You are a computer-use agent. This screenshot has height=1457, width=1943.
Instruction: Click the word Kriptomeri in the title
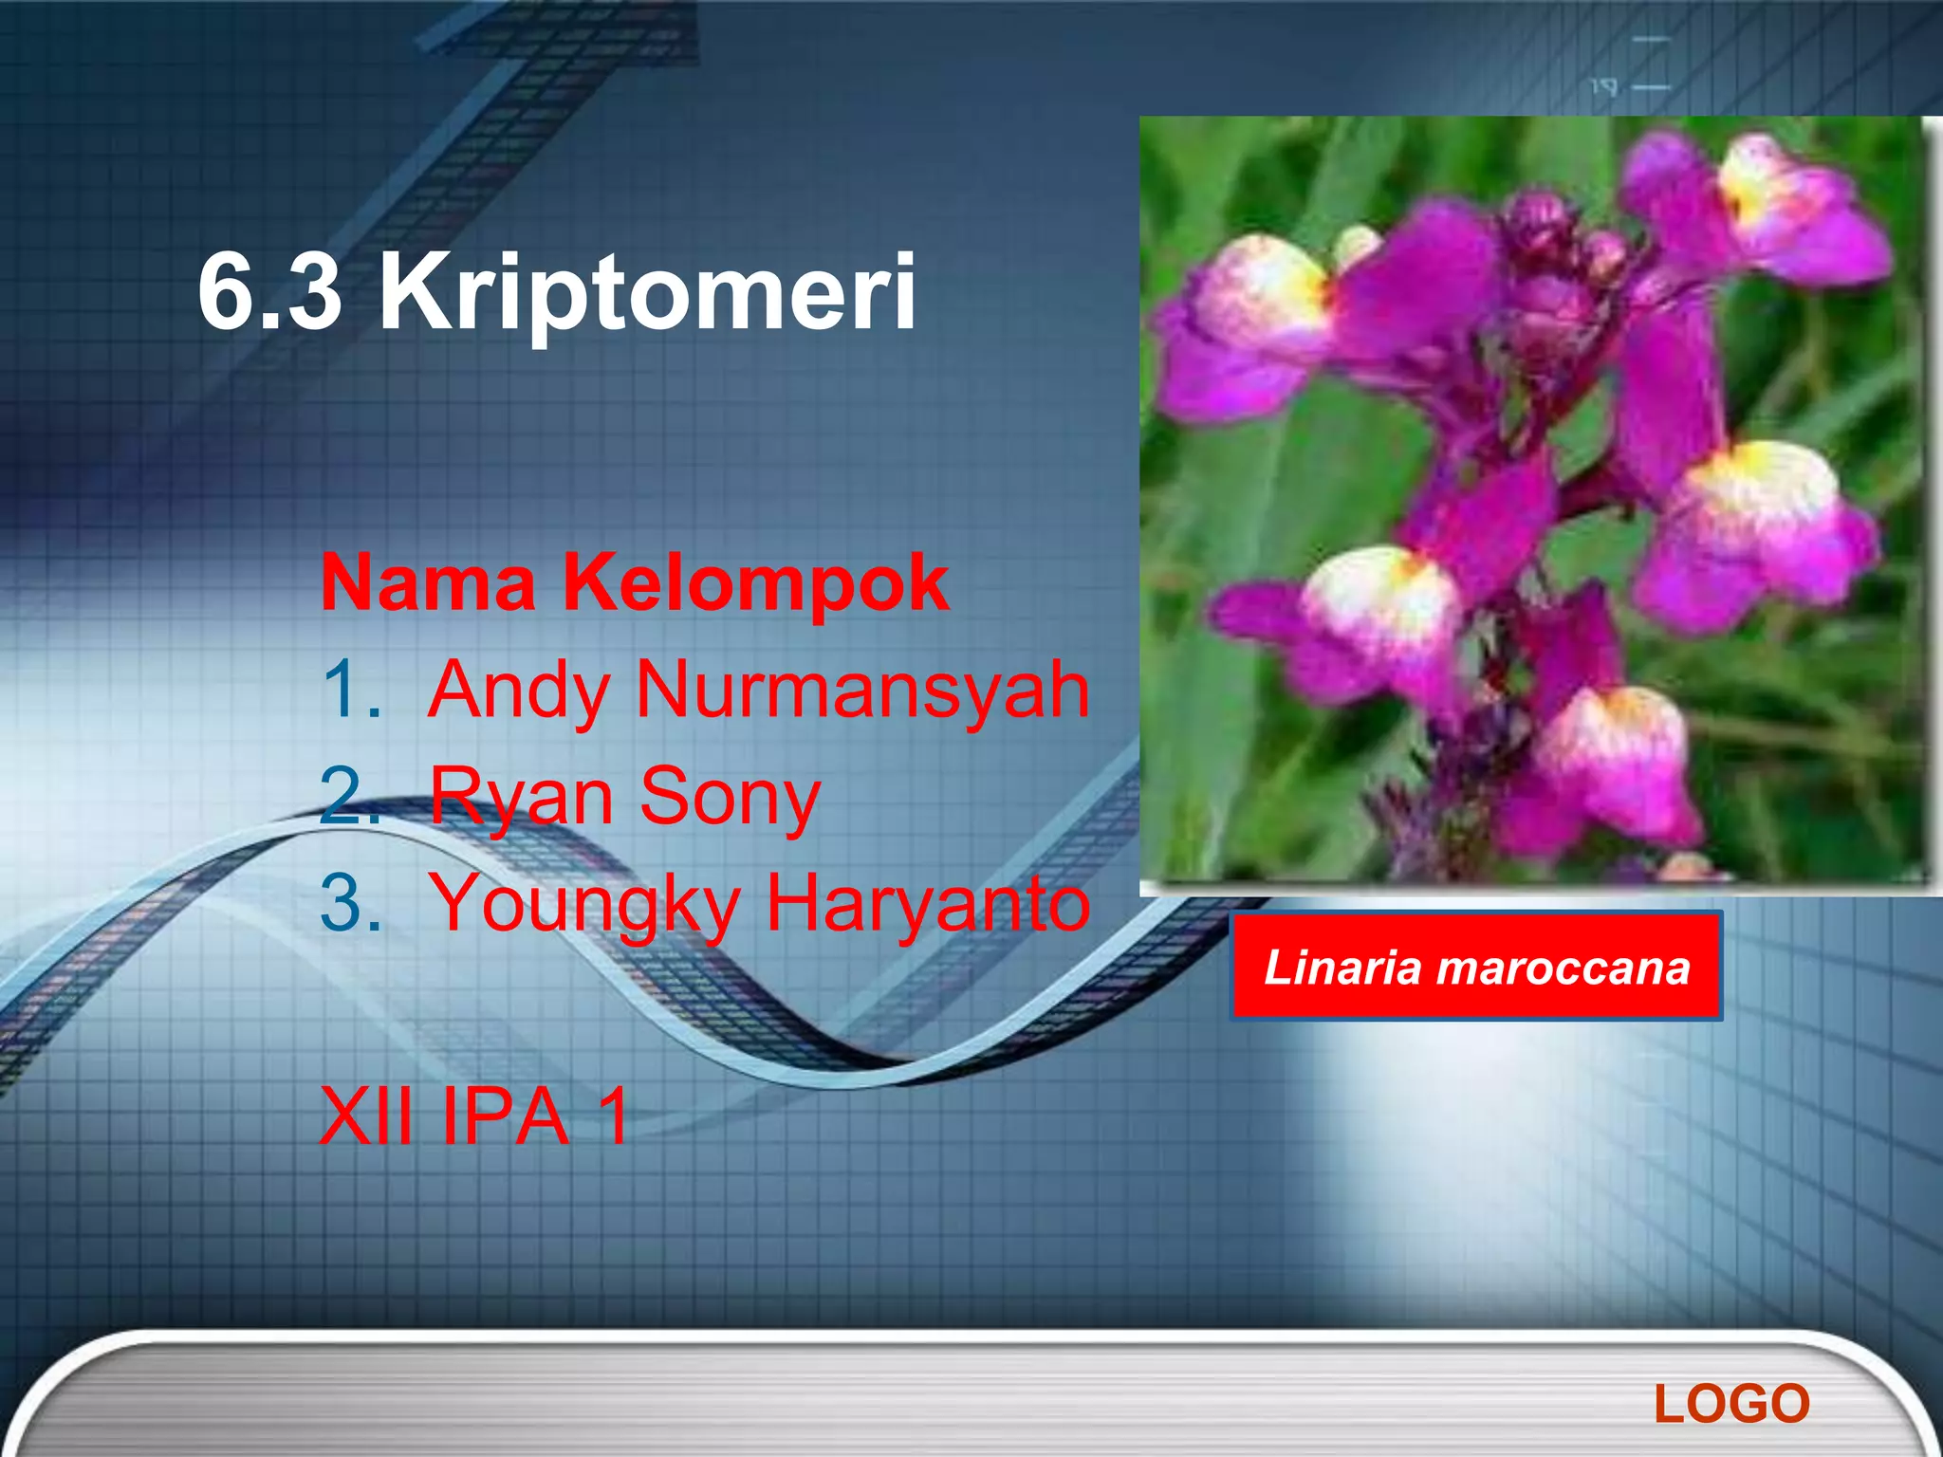(x=648, y=294)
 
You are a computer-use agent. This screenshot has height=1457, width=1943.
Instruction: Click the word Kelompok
(x=756, y=584)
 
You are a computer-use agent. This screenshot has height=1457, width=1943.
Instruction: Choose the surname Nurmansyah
(x=862, y=690)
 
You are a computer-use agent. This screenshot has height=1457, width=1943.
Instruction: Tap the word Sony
(x=730, y=797)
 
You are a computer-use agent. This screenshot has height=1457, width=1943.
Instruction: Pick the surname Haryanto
(x=928, y=903)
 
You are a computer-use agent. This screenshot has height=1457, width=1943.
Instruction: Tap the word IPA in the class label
(x=506, y=1117)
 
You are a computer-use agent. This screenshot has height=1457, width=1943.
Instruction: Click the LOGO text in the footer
(x=1731, y=1404)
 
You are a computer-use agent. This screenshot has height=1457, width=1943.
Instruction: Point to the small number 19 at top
(x=1603, y=87)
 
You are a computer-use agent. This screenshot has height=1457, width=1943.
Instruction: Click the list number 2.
(x=349, y=797)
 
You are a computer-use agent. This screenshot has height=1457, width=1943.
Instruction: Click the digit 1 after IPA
(x=613, y=1117)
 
